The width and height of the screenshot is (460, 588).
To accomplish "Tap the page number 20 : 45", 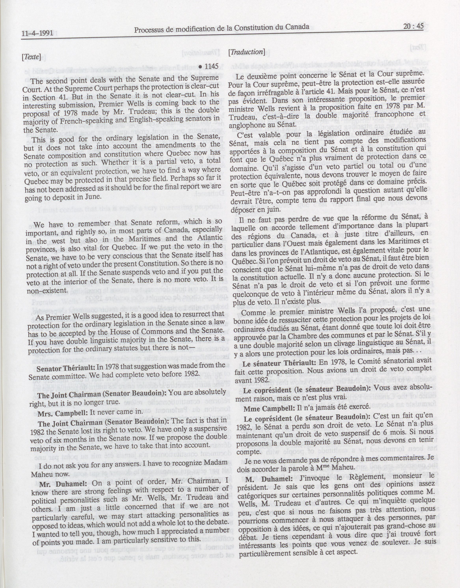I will [x=414, y=26].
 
